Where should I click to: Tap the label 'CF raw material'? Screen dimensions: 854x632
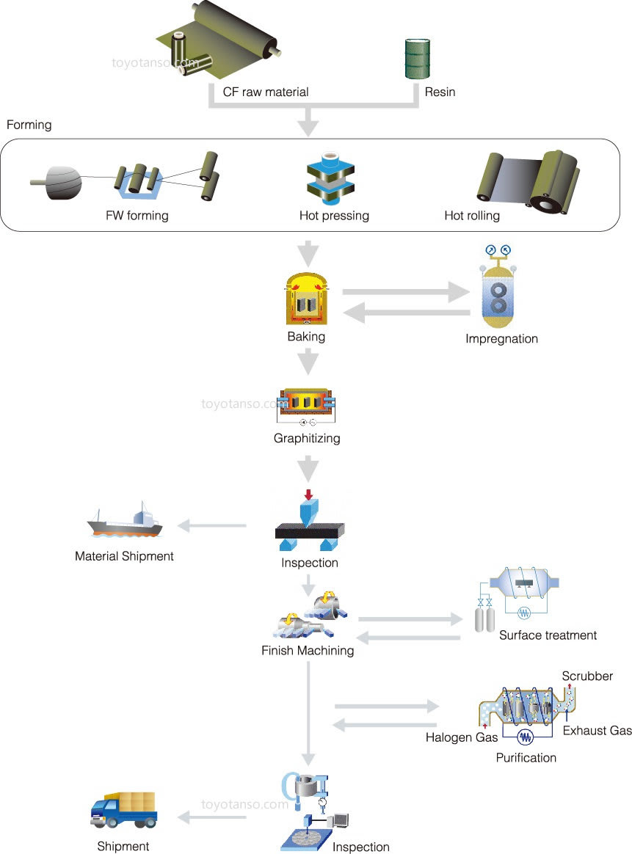click(x=266, y=92)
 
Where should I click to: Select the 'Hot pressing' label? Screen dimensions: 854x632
click(x=334, y=216)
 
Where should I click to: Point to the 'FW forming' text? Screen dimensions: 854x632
click(x=137, y=216)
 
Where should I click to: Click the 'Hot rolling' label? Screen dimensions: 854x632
click(x=472, y=216)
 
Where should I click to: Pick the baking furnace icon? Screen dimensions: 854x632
click(x=307, y=299)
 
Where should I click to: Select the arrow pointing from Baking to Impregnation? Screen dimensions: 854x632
click(x=407, y=291)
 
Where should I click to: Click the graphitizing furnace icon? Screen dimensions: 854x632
click(x=307, y=406)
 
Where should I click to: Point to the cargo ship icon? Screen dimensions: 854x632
click(x=123, y=522)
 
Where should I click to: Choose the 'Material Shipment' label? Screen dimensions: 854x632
click(x=124, y=556)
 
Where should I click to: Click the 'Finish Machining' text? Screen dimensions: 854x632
click(x=308, y=651)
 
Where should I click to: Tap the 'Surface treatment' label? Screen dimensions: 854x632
click(x=548, y=635)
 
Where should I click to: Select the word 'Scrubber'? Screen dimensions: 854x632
click(x=587, y=676)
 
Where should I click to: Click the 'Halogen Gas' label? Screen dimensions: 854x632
click(x=462, y=737)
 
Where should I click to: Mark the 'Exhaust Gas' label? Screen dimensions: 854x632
click(x=597, y=731)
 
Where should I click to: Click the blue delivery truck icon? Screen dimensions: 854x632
click(x=124, y=810)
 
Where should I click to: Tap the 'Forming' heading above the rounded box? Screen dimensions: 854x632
click(x=29, y=125)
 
